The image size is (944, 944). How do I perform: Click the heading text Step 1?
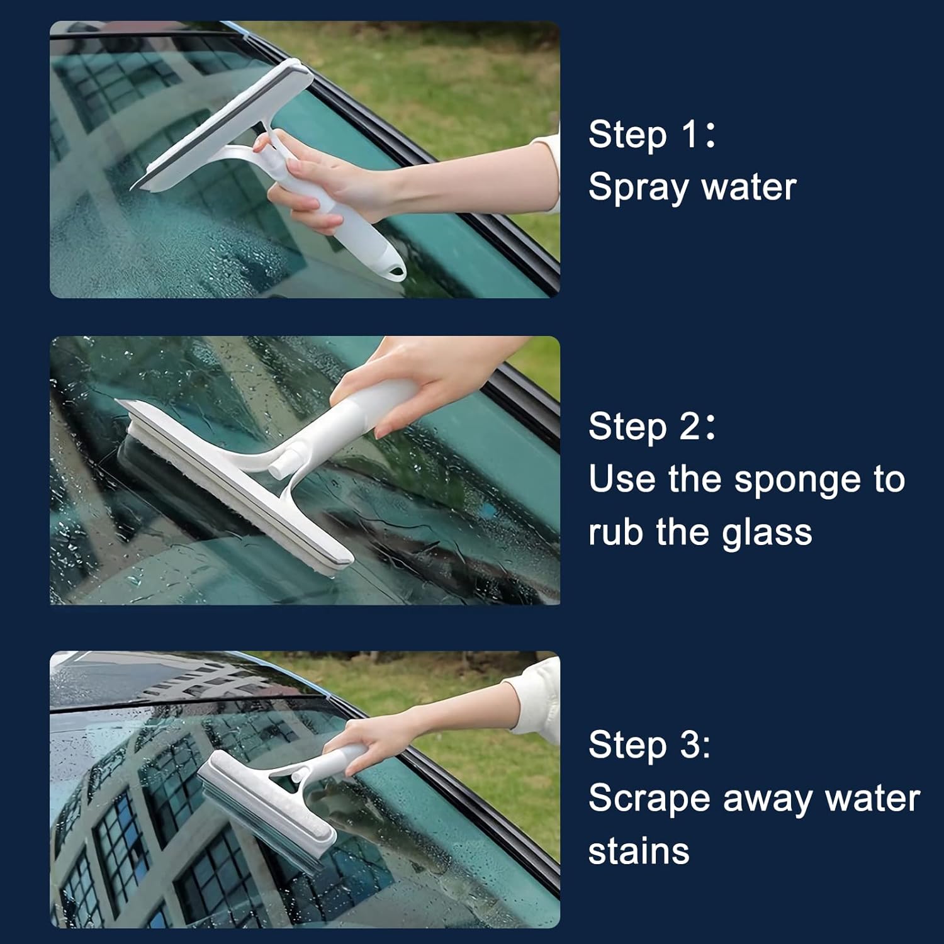click(x=652, y=135)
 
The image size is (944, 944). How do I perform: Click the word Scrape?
click(x=649, y=799)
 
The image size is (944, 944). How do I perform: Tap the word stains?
click(x=639, y=851)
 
